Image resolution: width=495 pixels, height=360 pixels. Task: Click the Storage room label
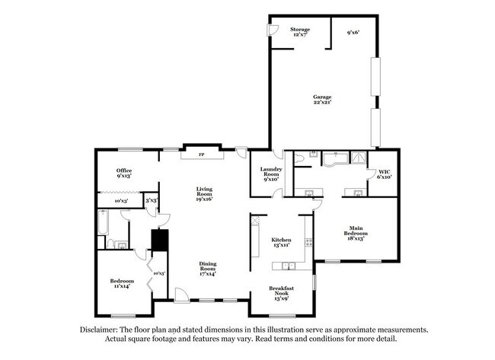pos(300,31)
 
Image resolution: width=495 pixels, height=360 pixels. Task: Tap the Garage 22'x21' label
pos(322,99)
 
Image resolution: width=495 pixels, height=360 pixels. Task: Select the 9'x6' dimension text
pos(353,33)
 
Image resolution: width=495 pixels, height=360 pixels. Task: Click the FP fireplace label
pos(202,155)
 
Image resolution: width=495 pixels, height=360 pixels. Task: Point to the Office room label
pos(124,172)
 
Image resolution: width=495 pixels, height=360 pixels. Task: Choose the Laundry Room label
pos(272,174)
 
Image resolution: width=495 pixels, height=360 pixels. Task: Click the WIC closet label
pos(385,174)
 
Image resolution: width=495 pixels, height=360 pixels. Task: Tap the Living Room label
pos(204,194)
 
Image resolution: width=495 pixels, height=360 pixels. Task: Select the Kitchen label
pos(282,242)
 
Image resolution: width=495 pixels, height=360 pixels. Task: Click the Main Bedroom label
pos(356,232)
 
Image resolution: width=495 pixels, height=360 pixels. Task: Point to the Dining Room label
pos(208,268)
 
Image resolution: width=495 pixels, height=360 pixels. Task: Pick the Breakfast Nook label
pos(281,292)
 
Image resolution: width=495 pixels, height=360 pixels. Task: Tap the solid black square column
pos(159,240)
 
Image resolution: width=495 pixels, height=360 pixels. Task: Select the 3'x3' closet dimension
pos(152,201)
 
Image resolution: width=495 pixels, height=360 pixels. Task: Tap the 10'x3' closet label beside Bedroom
pos(159,272)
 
